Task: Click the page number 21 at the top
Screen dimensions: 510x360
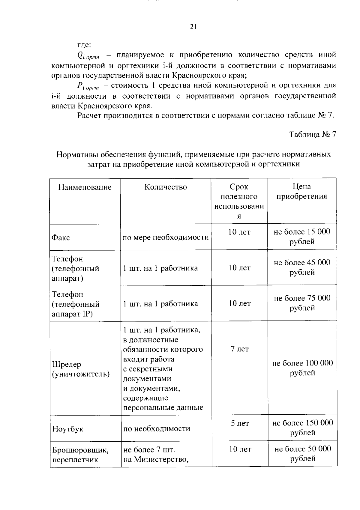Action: point(193,27)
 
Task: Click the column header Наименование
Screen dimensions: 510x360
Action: point(85,187)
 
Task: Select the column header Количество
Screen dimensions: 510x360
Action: point(166,187)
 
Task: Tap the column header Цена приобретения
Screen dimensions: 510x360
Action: point(302,192)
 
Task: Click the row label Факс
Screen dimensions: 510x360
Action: point(61,238)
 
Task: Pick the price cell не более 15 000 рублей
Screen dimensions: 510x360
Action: point(302,237)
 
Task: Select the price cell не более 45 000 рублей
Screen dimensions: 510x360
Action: point(302,267)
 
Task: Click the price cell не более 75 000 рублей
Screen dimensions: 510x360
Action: point(302,303)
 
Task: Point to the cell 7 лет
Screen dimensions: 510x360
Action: point(240,349)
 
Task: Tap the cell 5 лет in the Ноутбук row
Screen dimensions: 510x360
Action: point(240,423)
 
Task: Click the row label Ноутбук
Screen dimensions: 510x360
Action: point(67,429)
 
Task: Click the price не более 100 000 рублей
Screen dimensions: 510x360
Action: point(302,368)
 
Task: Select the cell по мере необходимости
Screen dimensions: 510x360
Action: point(166,237)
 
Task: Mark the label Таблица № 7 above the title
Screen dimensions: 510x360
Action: point(313,134)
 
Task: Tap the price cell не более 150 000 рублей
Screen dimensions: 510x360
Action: point(302,428)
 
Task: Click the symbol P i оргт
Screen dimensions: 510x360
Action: point(88,86)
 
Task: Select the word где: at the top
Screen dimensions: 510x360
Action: point(84,45)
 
